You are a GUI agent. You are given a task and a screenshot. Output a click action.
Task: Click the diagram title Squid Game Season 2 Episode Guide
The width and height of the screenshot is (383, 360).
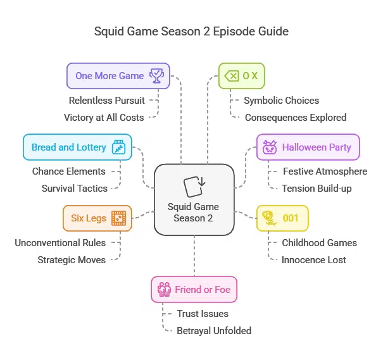pyautogui.click(x=191, y=31)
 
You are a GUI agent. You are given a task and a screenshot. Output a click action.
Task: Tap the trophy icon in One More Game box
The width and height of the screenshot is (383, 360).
pyautogui.click(x=156, y=76)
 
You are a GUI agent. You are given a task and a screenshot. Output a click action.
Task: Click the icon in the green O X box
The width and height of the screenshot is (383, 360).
pyautogui.click(x=232, y=76)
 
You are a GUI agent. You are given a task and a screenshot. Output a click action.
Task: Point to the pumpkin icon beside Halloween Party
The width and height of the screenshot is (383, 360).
pyautogui.click(x=270, y=147)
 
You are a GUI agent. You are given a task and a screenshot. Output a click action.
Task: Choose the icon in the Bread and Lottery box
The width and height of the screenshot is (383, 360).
pyautogui.click(x=118, y=147)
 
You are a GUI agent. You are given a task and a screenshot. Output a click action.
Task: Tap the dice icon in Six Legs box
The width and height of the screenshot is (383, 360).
pyautogui.click(x=118, y=218)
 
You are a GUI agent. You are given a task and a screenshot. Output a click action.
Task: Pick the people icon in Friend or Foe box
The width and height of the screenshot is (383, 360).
pyautogui.click(x=165, y=290)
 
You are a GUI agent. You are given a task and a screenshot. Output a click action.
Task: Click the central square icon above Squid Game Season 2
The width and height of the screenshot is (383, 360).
pyautogui.click(x=194, y=187)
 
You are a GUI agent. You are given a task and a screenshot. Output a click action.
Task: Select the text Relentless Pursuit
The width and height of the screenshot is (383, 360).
pyautogui.click(x=106, y=100)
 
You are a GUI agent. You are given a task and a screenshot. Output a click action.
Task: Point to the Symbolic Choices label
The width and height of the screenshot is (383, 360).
pyautogui.click(x=281, y=100)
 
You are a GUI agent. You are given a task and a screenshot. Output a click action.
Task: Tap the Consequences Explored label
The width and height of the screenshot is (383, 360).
pyautogui.click(x=295, y=117)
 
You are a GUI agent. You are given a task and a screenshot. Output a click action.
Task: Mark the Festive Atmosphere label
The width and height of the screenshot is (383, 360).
pyautogui.click(x=325, y=171)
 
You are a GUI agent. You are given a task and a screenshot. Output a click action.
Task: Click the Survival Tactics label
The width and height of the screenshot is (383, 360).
pyautogui.click(x=75, y=188)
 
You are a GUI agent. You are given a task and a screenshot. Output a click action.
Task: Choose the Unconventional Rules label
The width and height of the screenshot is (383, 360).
pyautogui.click(x=60, y=242)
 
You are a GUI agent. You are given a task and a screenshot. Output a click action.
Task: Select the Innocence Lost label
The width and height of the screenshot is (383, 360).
pyautogui.click(x=314, y=259)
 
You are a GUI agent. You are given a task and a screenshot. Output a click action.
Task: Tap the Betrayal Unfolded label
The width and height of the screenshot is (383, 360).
pyautogui.click(x=214, y=330)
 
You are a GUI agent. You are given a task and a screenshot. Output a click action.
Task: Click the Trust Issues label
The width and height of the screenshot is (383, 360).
pyautogui.click(x=203, y=313)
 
